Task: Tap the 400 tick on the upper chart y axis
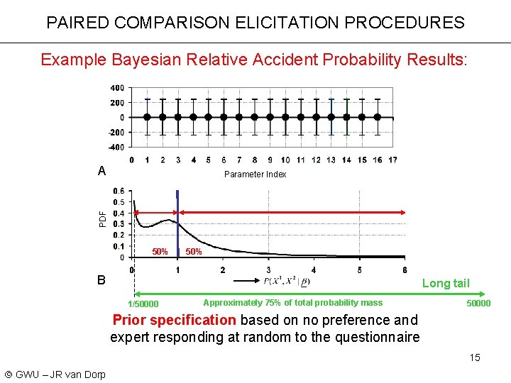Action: tap(116, 88)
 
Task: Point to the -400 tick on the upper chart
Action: tap(116, 147)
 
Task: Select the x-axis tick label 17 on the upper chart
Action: tap(392, 160)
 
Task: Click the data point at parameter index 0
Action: tap(147, 117)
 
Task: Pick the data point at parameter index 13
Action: tap(331, 117)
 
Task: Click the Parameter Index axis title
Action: tap(255, 174)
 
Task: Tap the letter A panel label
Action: tap(102, 171)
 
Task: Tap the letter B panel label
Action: tap(102, 280)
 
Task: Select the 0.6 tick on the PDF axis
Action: tap(119, 191)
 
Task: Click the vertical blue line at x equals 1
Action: tap(177, 220)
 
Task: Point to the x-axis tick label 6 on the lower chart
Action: tap(405, 270)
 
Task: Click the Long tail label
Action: tap(446, 284)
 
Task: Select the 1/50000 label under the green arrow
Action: tap(143, 304)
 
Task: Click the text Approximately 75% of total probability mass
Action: tap(292, 303)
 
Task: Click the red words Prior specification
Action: tap(174, 320)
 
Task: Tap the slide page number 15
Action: tap(474, 357)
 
